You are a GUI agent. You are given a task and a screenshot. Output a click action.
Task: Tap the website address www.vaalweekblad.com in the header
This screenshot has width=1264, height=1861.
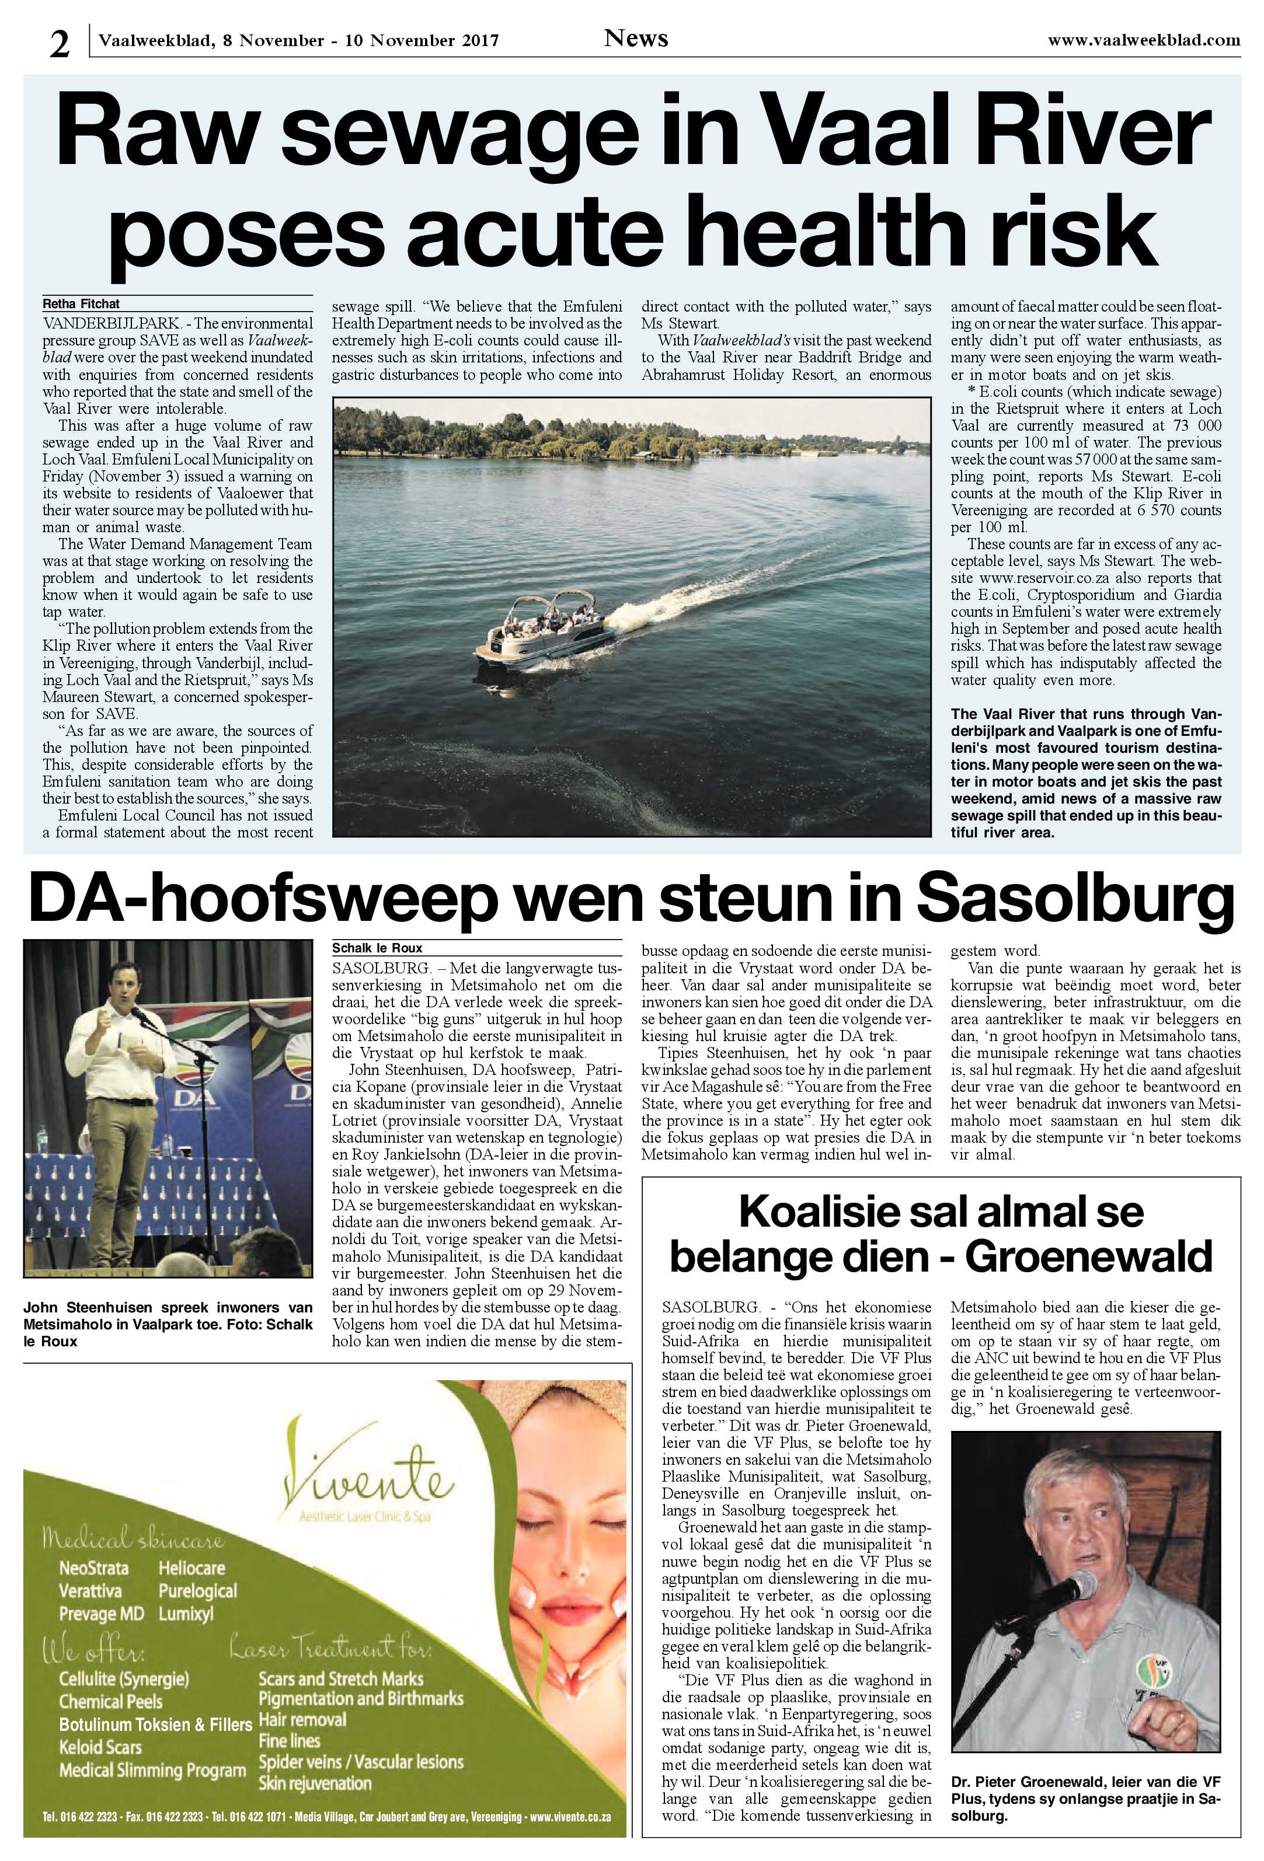click(1143, 39)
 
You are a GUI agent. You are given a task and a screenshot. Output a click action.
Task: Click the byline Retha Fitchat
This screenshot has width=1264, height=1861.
click(81, 304)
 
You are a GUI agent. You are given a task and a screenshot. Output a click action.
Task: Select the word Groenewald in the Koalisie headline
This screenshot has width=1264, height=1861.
click(1088, 1257)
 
